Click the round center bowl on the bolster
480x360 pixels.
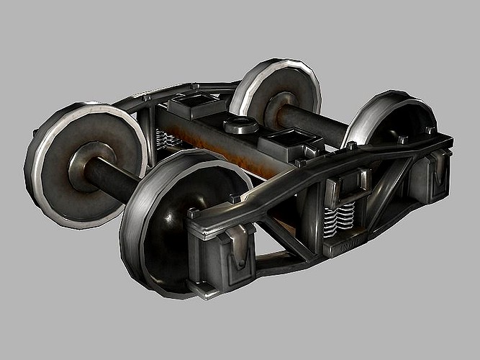point(242,125)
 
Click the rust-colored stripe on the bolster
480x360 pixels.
point(216,144)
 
